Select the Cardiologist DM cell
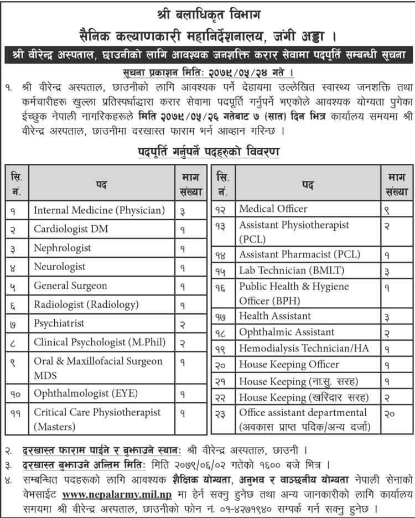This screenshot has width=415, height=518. tap(71, 229)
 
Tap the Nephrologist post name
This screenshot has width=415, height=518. tap(62, 247)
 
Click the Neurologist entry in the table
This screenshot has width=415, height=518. tap(60, 266)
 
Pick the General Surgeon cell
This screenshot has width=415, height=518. tap(70, 286)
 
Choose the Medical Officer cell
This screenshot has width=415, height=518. tap(273, 209)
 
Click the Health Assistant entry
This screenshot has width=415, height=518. tap(275, 315)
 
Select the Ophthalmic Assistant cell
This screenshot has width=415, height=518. tap(287, 332)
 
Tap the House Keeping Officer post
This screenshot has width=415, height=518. tap(289, 364)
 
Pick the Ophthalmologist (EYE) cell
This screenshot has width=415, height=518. tap(86, 393)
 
